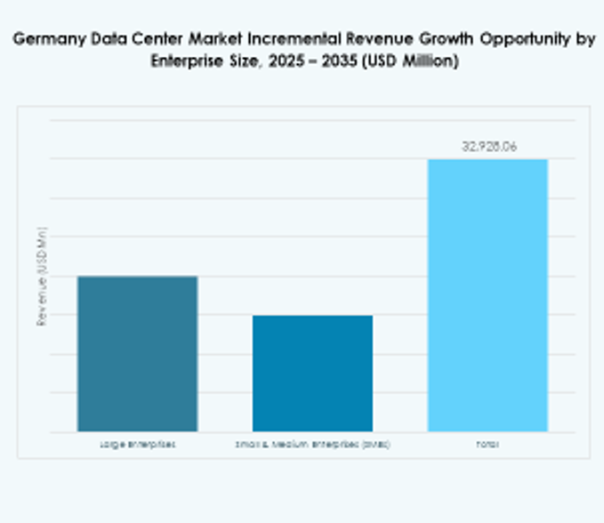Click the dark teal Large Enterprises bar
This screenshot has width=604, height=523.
(x=137, y=353)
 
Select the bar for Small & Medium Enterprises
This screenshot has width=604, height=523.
(x=312, y=373)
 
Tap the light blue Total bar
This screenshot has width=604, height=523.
(x=487, y=295)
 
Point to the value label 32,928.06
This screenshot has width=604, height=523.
(x=488, y=147)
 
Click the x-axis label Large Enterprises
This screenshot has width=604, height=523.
(x=137, y=444)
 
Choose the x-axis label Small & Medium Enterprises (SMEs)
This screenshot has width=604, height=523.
(x=312, y=444)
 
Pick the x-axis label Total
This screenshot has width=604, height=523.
(x=487, y=444)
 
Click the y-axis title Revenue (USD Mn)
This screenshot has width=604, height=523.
(x=41, y=276)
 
